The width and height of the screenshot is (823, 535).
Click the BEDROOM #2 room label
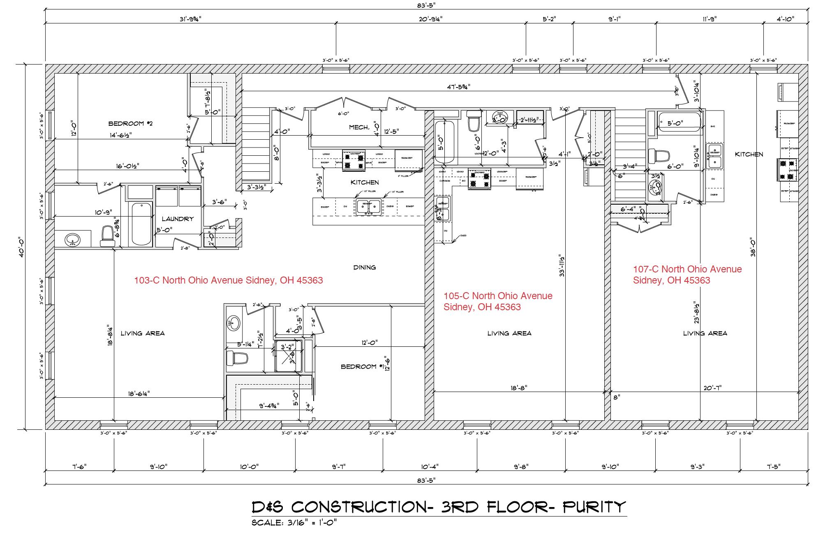[x=130, y=123]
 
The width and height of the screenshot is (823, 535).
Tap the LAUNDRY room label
[x=177, y=219]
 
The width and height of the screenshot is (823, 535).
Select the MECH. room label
[x=359, y=127]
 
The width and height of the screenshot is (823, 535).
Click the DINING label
[x=364, y=267]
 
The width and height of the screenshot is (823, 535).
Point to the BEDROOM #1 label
[x=359, y=367]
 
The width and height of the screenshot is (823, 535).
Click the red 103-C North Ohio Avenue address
[x=228, y=281]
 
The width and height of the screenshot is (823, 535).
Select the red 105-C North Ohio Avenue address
[x=498, y=301]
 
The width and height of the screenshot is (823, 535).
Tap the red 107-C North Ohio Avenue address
[x=687, y=274]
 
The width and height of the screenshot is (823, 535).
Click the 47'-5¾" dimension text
[x=458, y=87]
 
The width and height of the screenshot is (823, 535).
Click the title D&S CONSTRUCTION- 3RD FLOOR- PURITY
[x=439, y=507]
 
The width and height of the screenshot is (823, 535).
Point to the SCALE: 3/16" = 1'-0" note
[x=294, y=523]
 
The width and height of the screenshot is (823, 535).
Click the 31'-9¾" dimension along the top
[x=190, y=19]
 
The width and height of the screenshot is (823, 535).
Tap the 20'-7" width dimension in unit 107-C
[x=712, y=387]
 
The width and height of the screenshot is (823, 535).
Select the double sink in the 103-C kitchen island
[x=368, y=207]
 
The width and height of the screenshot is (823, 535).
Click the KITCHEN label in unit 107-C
[x=749, y=154]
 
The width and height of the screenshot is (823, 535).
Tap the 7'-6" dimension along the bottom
[x=79, y=467]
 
